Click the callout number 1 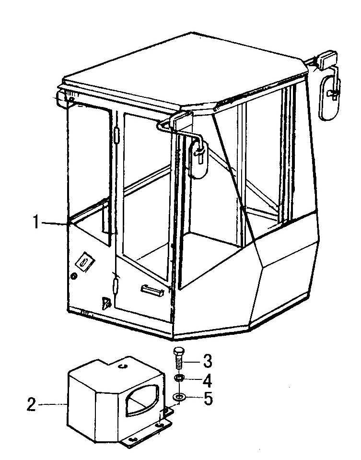36,222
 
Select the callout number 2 32,404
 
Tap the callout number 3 207,361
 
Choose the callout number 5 208,399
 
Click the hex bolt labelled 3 178,359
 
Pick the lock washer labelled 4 179,378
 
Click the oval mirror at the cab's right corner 329,93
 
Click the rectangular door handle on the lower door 151,289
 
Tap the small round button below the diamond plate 74,276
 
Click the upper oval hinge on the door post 116,135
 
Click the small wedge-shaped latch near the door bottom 105,303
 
